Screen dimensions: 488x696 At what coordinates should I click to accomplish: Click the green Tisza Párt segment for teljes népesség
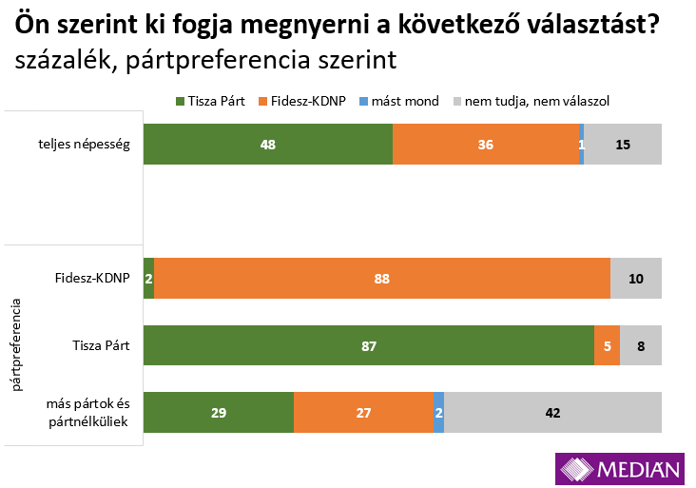tap(267, 145)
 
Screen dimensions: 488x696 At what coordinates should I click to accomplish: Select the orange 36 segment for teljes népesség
tap(486, 145)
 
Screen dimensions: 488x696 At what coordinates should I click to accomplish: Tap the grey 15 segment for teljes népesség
tap(623, 145)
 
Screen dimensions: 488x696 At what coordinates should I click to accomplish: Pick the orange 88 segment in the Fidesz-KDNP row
tap(381, 279)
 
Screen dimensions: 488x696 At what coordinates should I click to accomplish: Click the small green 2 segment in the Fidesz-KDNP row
tap(148, 279)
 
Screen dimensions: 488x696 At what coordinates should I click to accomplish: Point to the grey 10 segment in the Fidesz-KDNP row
tap(635, 279)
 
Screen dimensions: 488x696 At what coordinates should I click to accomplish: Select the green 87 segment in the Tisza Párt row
tap(368, 346)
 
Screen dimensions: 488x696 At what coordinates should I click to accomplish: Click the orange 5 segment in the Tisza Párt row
tap(607, 346)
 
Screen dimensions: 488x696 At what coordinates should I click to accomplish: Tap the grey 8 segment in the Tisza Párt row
tap(641, 346)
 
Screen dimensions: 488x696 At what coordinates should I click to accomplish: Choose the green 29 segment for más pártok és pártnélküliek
tap(219, 413)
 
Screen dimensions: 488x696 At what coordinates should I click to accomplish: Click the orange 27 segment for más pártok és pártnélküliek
tap(363, 413)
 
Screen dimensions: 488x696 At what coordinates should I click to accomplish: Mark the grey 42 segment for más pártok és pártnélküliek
tap(552, 413)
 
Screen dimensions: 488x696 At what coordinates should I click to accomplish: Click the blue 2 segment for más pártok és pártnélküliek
tap(438, 413)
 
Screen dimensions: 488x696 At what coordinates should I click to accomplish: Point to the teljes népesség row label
tap(83, 145)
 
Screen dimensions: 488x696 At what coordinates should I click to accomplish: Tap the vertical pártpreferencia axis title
tap(16, 344)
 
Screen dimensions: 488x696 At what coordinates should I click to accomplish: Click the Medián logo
tap(621, 468)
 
